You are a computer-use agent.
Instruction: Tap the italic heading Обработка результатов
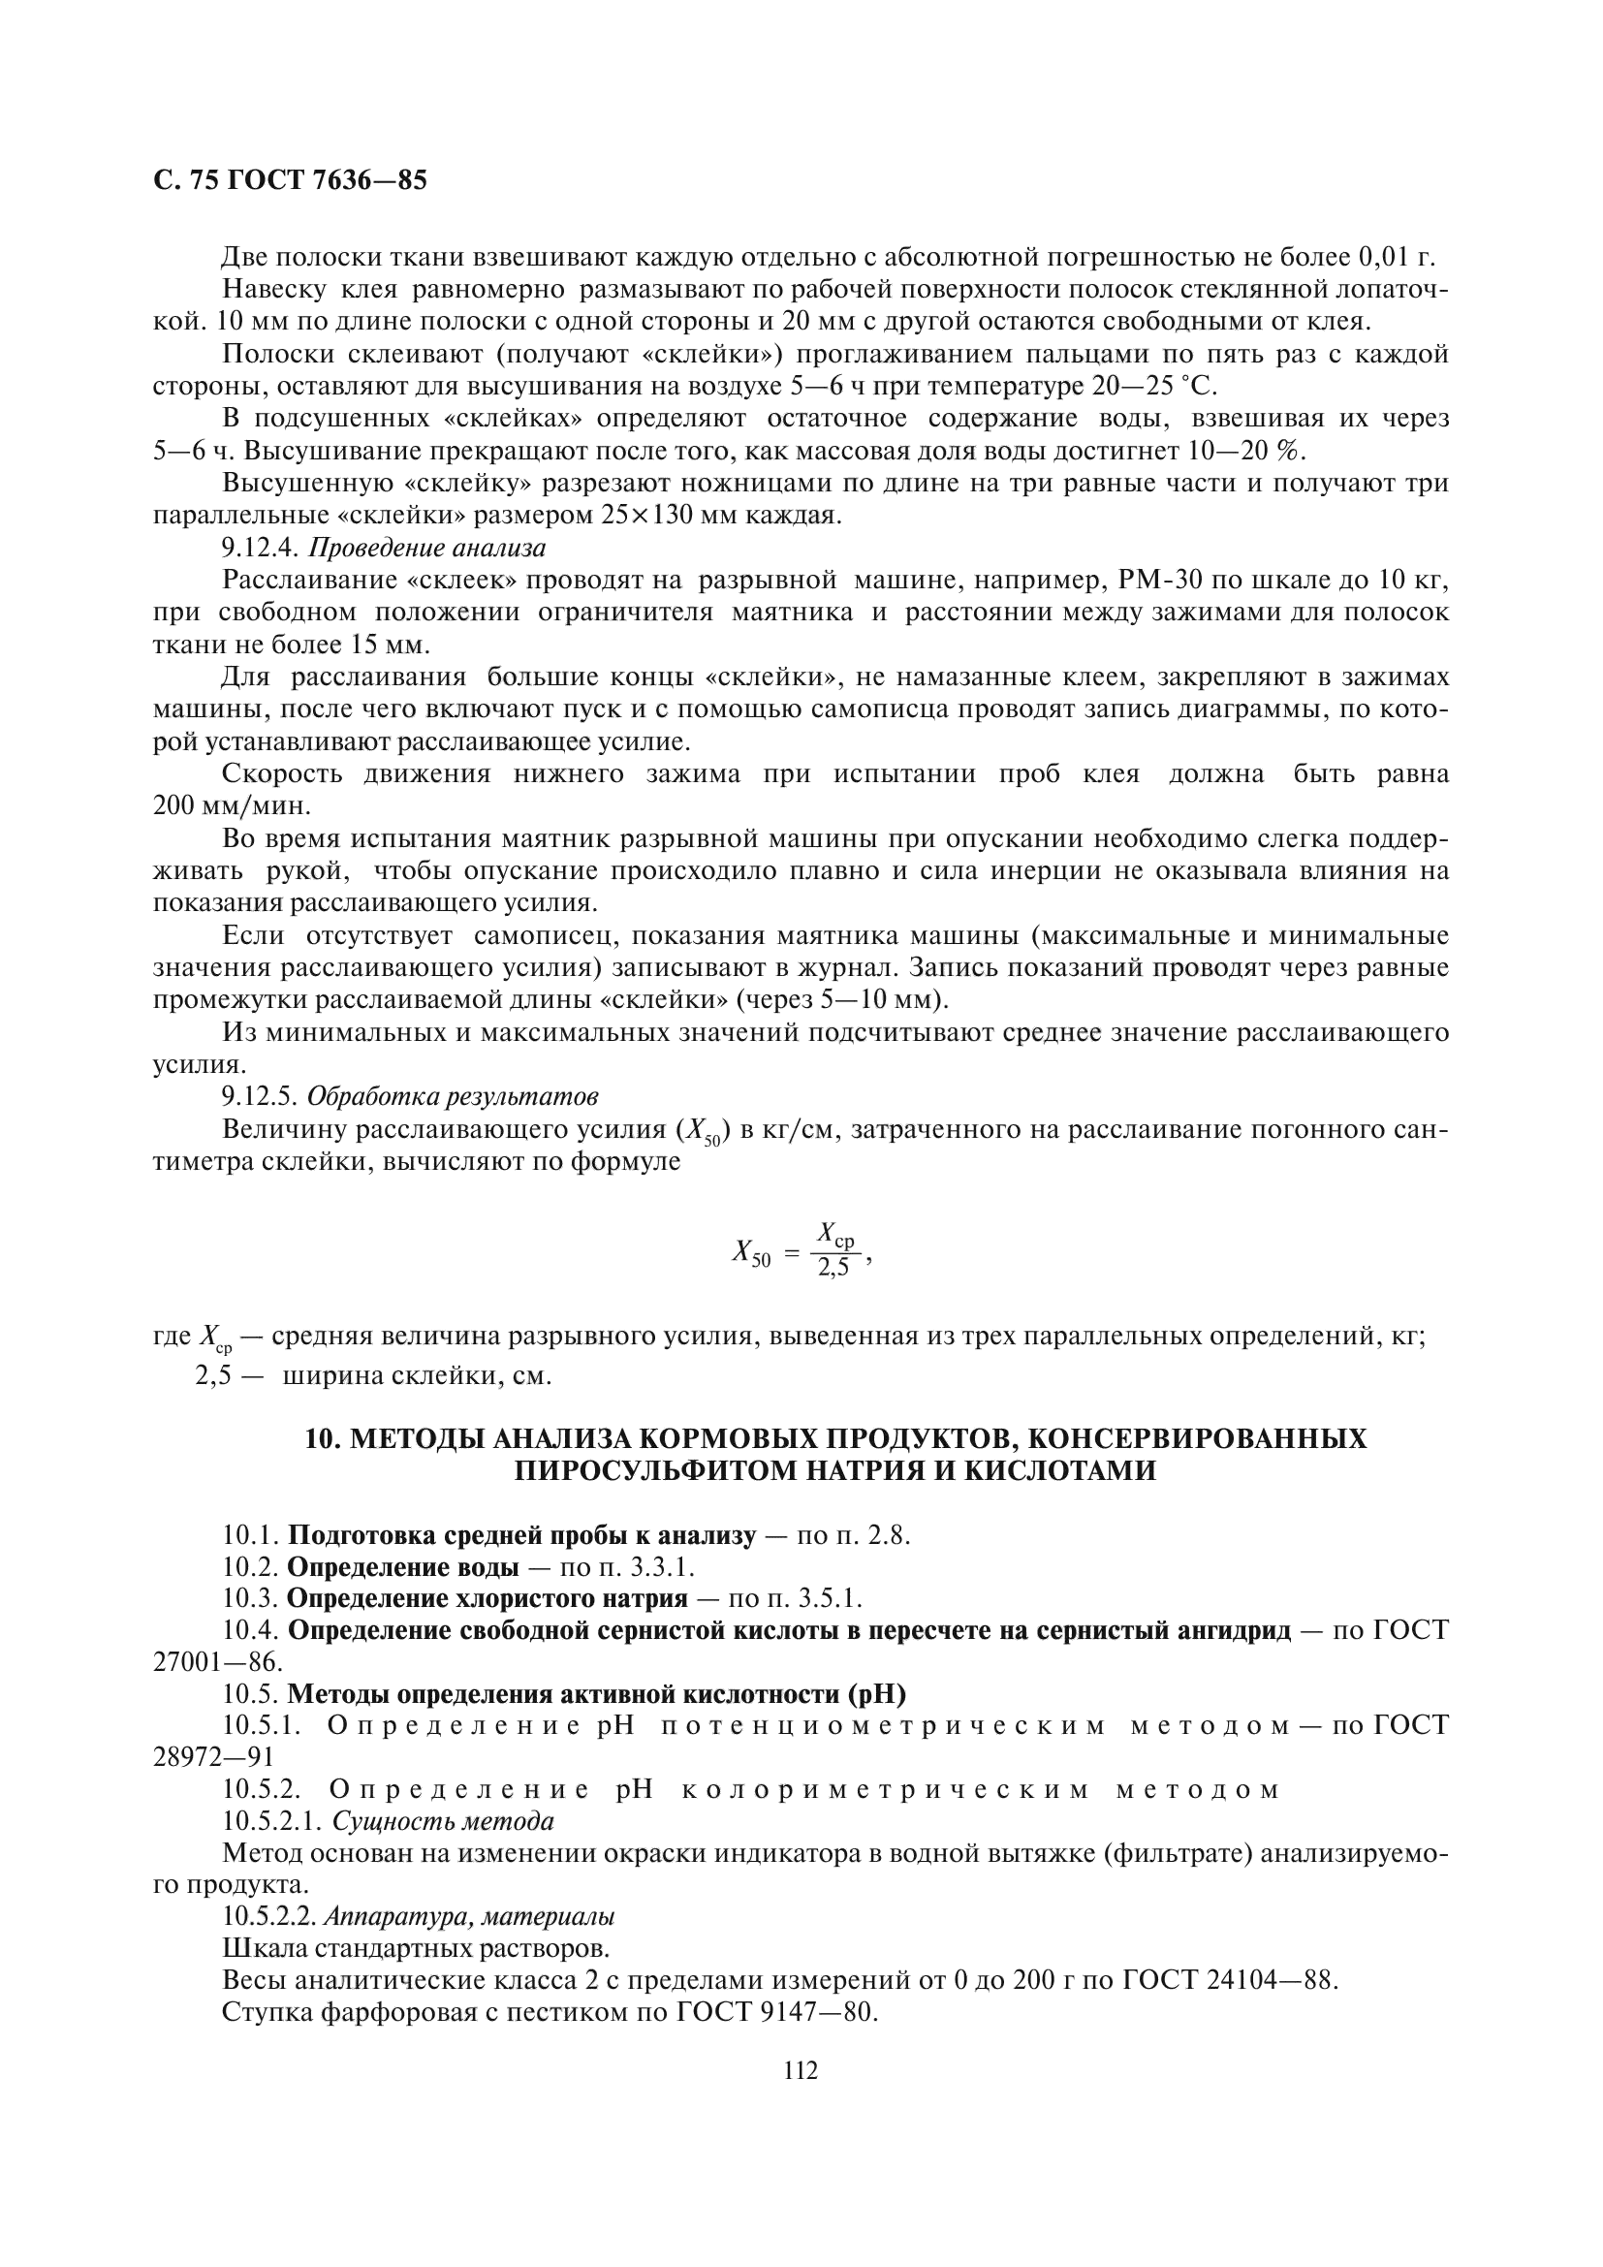(453, 1097)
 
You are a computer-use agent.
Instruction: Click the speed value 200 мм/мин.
(232, 805)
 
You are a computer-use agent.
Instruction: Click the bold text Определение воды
(403, 1567)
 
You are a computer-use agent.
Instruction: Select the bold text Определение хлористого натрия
(487, 1598)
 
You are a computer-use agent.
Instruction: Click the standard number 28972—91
(213, 1756)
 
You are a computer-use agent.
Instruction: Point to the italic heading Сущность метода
(442, 1821)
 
